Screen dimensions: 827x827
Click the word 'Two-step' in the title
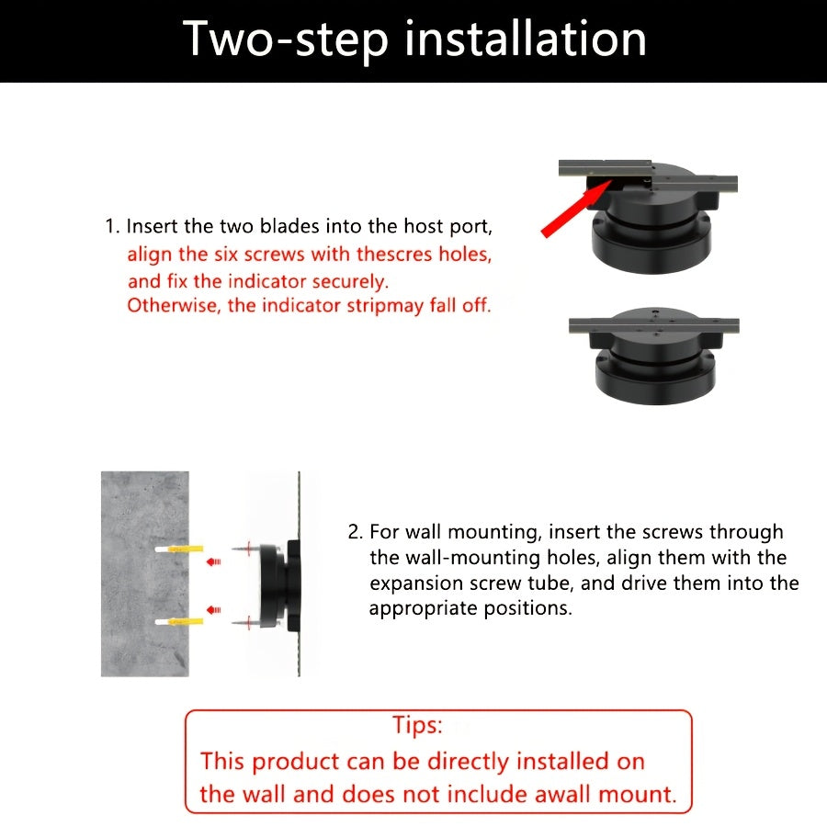(x=286, y=40)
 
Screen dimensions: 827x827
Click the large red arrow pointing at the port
(x=576, y=209)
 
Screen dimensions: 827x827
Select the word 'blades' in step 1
(x=289, y=226)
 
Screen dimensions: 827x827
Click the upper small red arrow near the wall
(x=213, y=561)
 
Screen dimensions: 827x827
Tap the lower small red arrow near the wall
(x=213, y=610)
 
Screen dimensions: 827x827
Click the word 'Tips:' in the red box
(x=417, y=725)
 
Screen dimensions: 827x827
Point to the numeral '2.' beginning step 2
(x=356, y=532)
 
